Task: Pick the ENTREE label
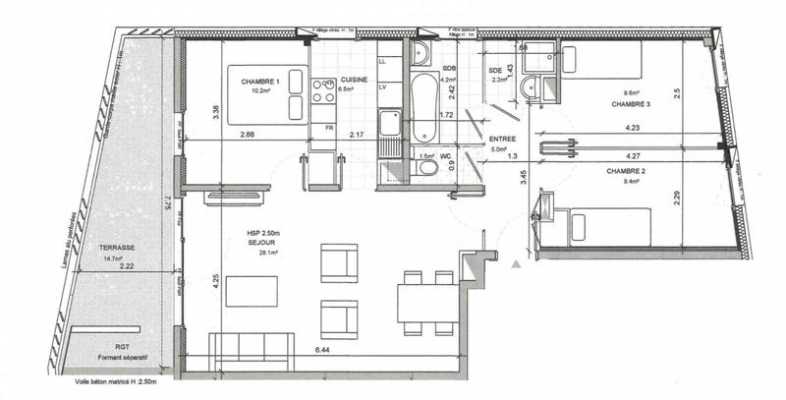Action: [503, 141]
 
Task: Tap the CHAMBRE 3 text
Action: [629, 103]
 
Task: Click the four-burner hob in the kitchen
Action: [323, 90]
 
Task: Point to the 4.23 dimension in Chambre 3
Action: [632, 125]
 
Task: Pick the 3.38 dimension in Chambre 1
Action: [215, 110]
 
